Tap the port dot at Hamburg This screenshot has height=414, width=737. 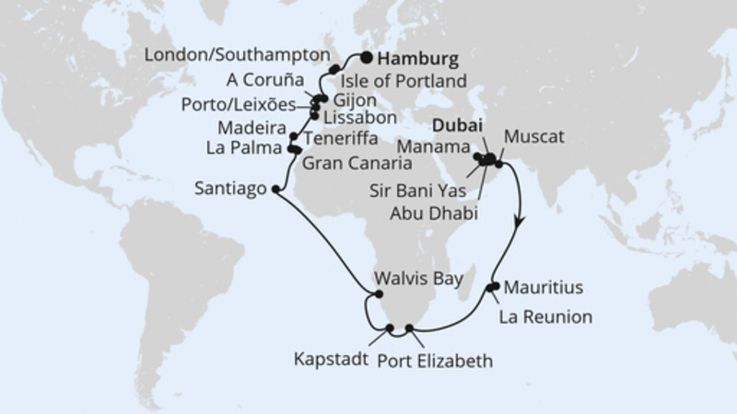366,58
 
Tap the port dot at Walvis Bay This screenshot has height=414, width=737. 376,294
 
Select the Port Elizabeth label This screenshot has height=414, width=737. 434,360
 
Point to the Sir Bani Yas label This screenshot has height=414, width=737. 427,193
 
